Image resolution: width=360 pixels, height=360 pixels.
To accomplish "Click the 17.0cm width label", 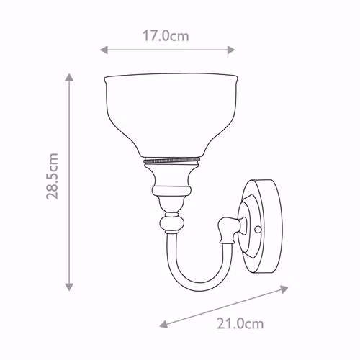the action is (x=166, y=36).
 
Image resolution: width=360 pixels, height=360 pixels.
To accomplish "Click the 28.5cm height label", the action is (x=52, y=176).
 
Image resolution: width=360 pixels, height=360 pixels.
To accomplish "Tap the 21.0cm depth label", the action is (x=240, y=323).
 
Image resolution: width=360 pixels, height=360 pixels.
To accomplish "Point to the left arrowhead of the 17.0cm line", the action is (x=104, y=50).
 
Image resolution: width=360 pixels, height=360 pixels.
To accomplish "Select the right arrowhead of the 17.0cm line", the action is (x=231, y=50).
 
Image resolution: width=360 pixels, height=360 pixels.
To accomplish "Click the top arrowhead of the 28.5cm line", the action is (x=69, y=78).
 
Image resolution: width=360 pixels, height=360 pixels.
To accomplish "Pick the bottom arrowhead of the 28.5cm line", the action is (x=69, y=287).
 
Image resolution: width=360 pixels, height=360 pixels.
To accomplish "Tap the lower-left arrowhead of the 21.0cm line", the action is (x=163, y=324).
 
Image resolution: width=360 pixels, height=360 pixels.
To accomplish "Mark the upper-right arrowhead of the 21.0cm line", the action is (x=284, y=289).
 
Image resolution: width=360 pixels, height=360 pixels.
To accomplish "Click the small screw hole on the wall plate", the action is (x=258, y=230).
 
